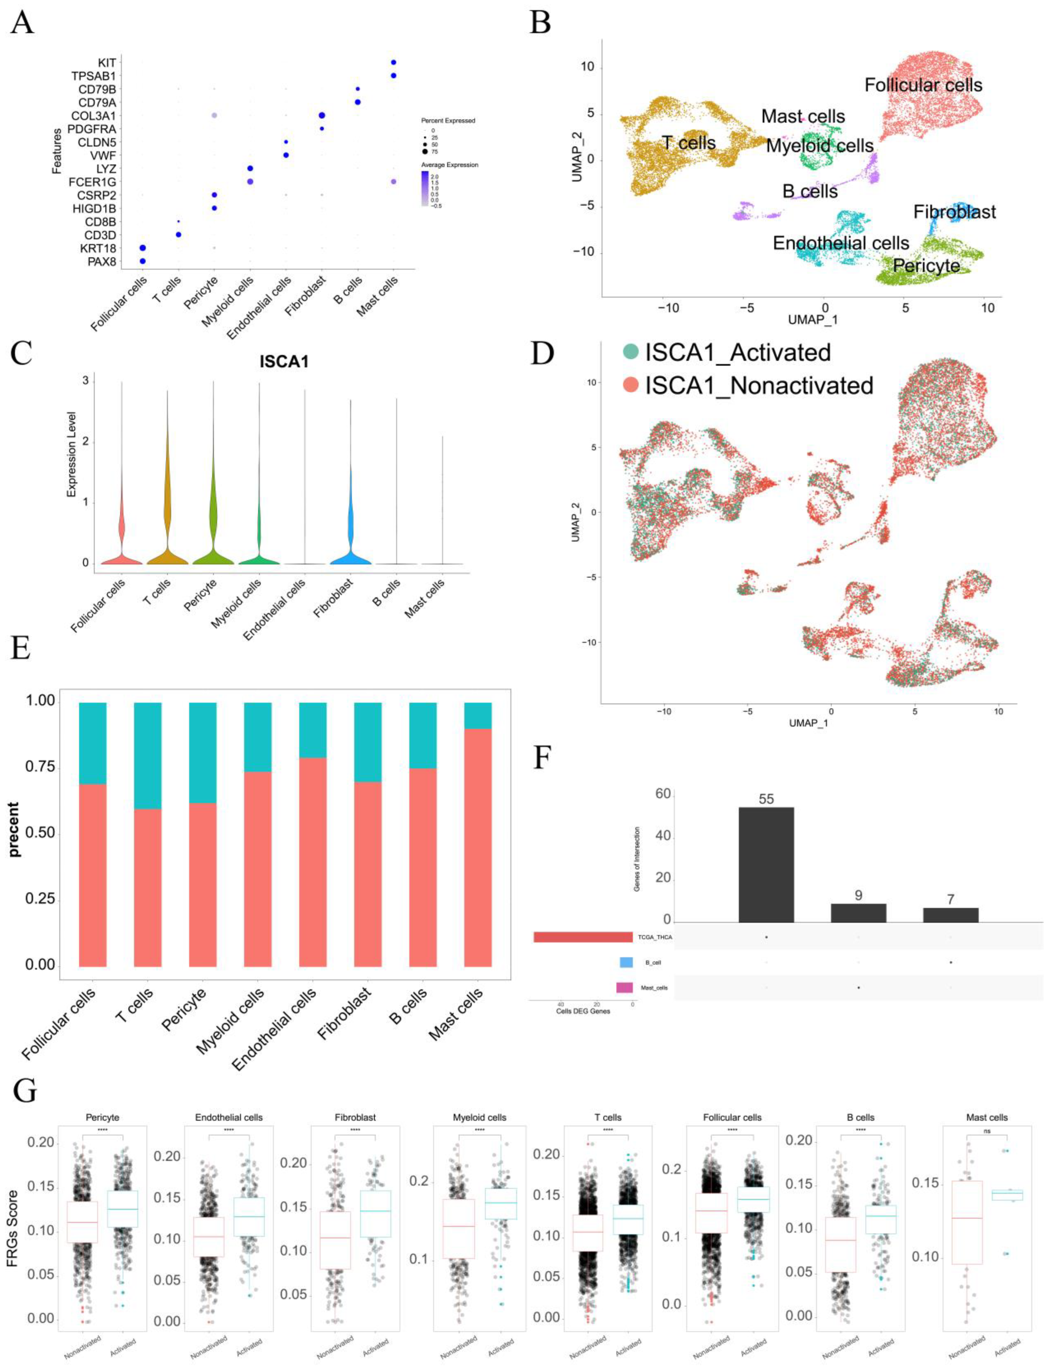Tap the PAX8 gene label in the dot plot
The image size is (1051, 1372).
[x=102, y=261]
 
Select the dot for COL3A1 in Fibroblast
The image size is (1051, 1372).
[x=322, y=116]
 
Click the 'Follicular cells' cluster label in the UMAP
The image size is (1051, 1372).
[x=924, y=85]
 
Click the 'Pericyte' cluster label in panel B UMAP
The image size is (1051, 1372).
[x=926, y=266]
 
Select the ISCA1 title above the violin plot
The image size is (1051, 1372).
[x=284, y=362]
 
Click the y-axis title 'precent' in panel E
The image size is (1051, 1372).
[x=14, y=829]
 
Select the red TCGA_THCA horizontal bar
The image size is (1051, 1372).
[x=583, y=936]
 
